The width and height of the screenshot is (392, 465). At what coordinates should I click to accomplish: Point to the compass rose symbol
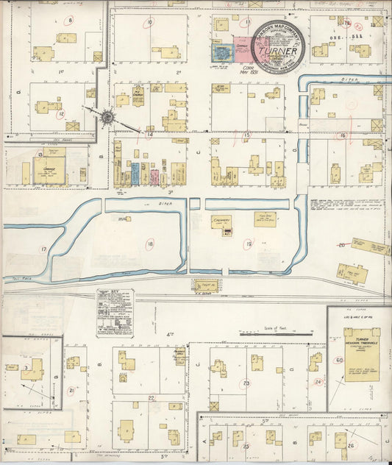click(x=107, y=116)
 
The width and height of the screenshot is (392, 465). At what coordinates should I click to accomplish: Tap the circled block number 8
click(x=71, y=21)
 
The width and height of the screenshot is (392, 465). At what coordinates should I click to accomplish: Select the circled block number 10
click(x=149, y=23)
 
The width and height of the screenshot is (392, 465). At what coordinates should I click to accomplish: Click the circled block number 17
click(x=43, y=250)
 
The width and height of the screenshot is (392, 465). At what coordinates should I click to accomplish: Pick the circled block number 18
click(x=150, y=244)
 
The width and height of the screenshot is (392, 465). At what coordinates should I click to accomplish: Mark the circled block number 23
click(x=246, y=383)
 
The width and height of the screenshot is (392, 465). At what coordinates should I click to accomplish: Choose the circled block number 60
click(x=339, y=361)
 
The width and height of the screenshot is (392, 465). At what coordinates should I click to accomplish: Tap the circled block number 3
click(x=26, y=366)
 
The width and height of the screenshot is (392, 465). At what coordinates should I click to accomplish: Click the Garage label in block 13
click(x=50, y=168)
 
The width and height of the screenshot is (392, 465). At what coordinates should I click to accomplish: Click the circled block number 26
click(x=351, y=445)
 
